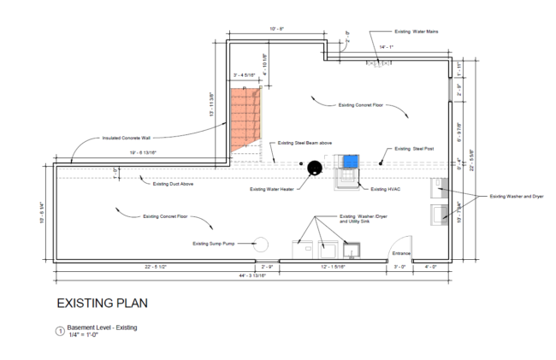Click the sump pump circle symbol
coord(263,244)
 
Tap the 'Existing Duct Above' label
coord(174,184)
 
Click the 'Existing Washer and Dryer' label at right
coord(516,197)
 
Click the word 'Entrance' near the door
coord(401,254)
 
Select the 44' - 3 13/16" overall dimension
coord(255,276)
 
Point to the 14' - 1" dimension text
coord(388,47)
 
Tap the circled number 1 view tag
coord(59,331)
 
